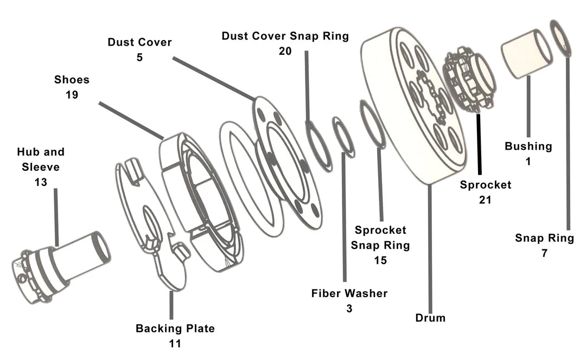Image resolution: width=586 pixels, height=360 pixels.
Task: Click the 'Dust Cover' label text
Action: (139, 42)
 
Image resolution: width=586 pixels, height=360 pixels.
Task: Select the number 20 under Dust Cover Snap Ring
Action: (285, 51)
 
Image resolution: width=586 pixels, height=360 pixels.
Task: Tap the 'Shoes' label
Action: (72, 80)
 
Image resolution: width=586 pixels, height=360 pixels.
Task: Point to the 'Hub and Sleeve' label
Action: (41, 159)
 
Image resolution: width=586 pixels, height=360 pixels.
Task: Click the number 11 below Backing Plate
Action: (175, 343)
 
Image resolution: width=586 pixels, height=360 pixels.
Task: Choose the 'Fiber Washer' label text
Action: (349, 293)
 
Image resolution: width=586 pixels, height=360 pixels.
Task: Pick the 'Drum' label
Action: (430, 318)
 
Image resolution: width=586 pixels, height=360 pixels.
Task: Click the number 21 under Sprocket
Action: (485, 200)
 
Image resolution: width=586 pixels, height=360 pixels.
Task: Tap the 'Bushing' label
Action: (528, 146)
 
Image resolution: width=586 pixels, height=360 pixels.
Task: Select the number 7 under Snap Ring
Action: (544, 253)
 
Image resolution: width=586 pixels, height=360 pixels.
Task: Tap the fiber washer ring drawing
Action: (343, 137)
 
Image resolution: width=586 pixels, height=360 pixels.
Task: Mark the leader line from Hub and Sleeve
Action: (55, 217)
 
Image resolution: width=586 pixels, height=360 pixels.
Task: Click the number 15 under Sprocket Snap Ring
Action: (380, 260)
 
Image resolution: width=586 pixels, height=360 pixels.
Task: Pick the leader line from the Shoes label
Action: (130, 119)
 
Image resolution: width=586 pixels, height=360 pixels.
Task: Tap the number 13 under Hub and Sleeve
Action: (41, 182)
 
